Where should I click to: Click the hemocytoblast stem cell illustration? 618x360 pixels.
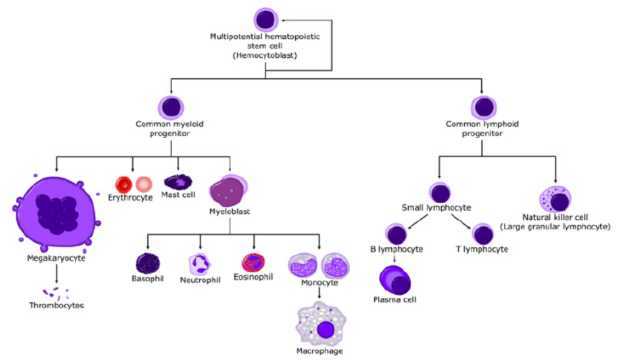265,19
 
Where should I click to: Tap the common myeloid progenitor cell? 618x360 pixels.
171,107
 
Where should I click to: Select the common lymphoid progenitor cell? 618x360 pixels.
482,107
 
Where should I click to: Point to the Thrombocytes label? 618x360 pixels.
56,305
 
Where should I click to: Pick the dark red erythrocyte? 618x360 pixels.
125,184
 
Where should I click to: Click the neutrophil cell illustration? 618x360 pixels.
199,263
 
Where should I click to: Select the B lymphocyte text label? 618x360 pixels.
396,249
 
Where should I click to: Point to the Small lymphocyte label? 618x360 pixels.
432,207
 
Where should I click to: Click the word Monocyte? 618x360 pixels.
319,283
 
